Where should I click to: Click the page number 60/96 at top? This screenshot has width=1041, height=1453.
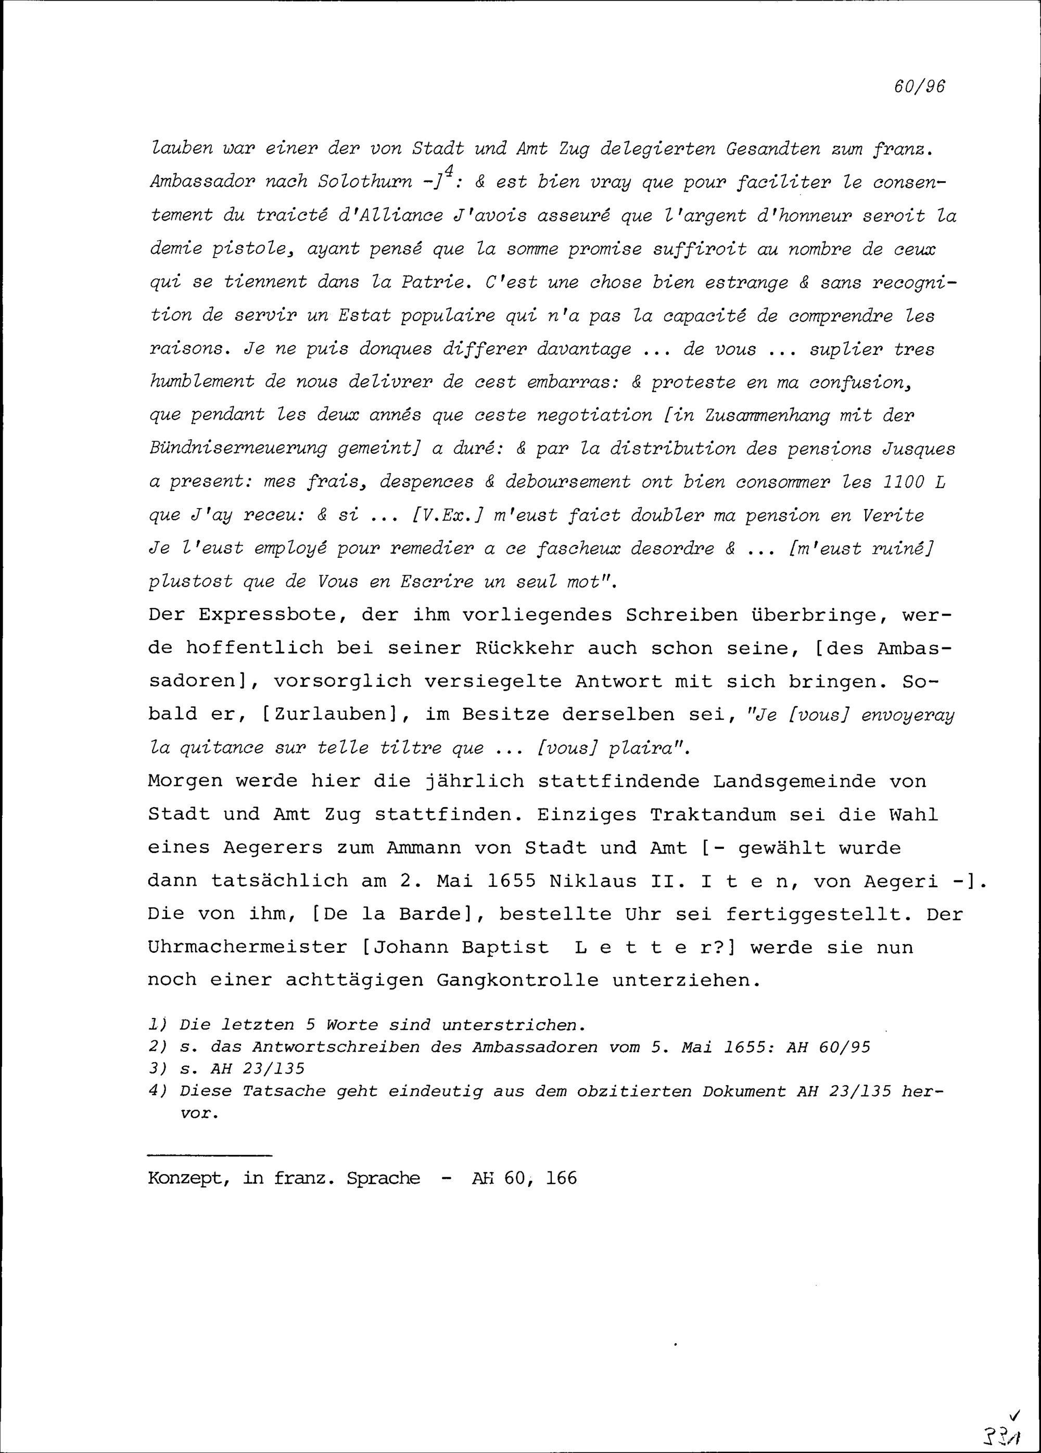[919, 86]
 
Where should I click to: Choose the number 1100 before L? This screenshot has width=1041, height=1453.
[903, 482]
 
